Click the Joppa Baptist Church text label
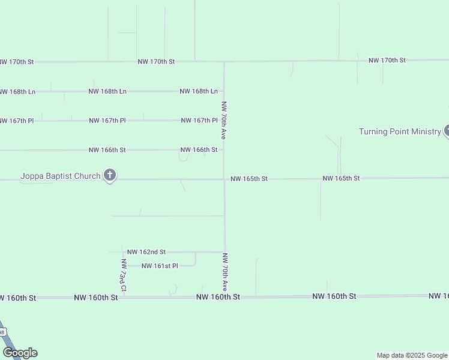(60, 176)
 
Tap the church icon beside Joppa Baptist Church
(109, 175)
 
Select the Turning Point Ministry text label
(400, 131)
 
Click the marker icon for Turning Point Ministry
(447, 131)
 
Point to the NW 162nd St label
(146, 252)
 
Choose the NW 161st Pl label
(160, 266)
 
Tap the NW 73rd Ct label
(123, 275)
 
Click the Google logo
(20, 353)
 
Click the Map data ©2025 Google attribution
(412, 355)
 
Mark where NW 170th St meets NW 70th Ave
(224, 61)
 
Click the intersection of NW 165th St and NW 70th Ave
(224, 179)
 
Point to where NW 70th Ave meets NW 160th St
(225, 297)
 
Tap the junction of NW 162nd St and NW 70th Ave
(224, 252)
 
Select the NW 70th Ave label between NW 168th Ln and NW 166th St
(224, 120)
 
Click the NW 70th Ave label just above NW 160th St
(225, 272)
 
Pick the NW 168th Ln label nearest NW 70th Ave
(198, 91)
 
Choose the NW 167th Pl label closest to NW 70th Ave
(199, 121)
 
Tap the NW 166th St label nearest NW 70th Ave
(199, 149)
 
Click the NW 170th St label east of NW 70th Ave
(387, 61)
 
